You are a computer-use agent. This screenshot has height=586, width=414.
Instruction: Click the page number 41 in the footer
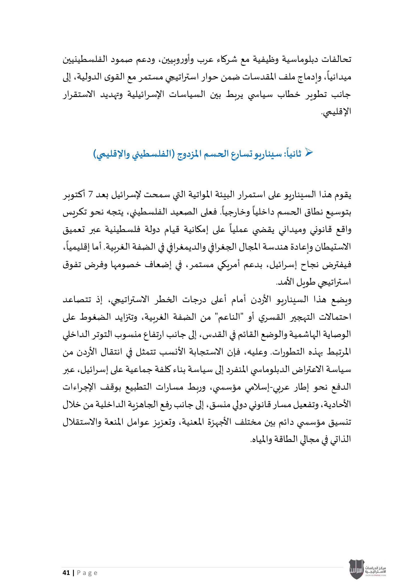(66, 573)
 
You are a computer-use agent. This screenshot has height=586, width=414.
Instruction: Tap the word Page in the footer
(87, 573)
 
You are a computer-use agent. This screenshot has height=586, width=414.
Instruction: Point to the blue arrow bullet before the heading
(309, 153)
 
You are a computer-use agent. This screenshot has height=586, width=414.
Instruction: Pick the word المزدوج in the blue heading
(189, 154)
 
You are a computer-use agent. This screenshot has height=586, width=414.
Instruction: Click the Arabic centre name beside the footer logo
(375, 570)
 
